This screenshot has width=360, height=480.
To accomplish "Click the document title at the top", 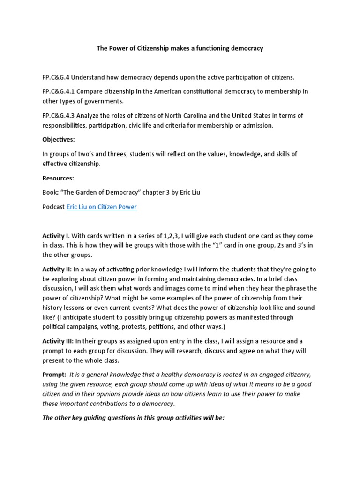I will pyautogui.click(x=180, y=48).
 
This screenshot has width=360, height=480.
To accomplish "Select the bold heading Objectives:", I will pyautogui.click(x=58, y=140).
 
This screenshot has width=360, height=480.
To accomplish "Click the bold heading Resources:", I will pyautogui.click(x=58, y=178).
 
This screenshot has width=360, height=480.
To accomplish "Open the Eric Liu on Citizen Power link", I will pyautogui.click(x=102, y=207).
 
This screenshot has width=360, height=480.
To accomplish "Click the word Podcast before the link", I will pyautogui.click(x=53, y=207).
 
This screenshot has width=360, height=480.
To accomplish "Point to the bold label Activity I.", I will pyautogui.click(x=55, y=235).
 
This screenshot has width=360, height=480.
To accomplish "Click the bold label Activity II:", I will pyautogui.click(x=57, y=269).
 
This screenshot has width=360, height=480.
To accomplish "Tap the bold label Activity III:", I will pyautogui.click(x=58, y=341).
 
